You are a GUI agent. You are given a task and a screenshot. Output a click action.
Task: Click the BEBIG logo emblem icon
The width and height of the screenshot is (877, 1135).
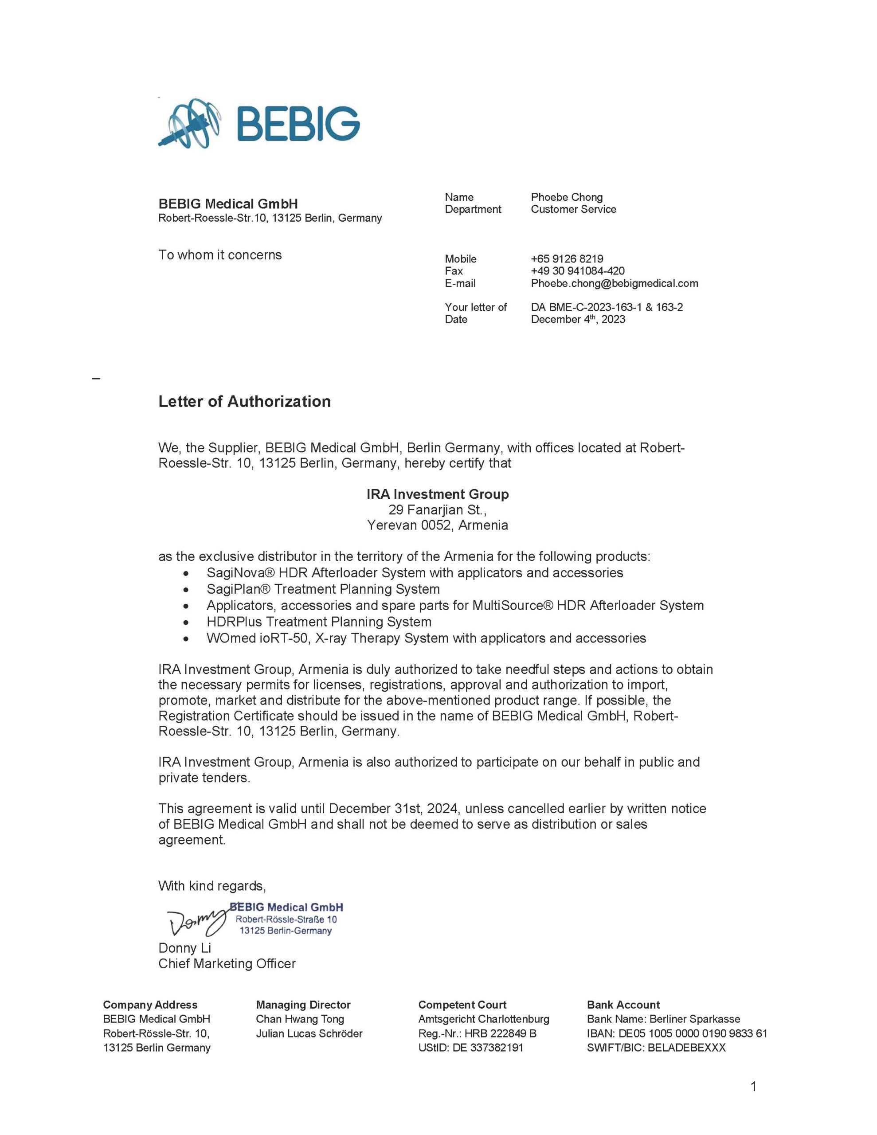(x=189, y=123)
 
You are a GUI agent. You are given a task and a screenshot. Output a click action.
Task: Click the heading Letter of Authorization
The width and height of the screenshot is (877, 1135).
(x=244, y=401)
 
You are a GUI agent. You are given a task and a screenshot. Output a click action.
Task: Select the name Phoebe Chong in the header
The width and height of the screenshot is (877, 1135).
(x=567, y=197)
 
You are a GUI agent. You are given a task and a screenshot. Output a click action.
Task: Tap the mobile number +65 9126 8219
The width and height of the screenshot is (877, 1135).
(x=567, y=259)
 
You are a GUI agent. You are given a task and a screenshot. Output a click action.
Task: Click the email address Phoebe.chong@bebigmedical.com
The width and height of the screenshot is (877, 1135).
(x=614, y=283)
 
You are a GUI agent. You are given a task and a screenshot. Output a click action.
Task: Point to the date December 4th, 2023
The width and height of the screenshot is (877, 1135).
(x=578, y=319)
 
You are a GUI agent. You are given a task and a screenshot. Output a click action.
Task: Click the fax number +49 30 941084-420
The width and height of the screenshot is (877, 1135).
(x=578, y=271)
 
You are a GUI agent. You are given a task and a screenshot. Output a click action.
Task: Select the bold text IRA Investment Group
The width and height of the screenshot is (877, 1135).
(x=437, y=494)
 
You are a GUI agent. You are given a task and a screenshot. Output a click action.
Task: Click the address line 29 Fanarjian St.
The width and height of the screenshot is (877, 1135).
(x=437, y=509)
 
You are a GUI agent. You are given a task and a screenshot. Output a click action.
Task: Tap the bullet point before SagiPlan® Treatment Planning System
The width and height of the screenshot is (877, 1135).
(x=186, y=590)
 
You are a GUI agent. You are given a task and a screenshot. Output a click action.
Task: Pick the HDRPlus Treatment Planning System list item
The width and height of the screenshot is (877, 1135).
(x=319, y=622)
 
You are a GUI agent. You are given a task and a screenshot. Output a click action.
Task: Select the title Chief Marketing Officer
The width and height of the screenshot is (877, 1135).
(x=227, y=964)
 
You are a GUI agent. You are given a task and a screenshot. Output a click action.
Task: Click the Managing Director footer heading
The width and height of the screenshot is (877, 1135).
(x=303, y=1005)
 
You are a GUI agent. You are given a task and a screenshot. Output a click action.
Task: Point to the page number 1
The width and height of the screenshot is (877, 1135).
(x=753, y=1086)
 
